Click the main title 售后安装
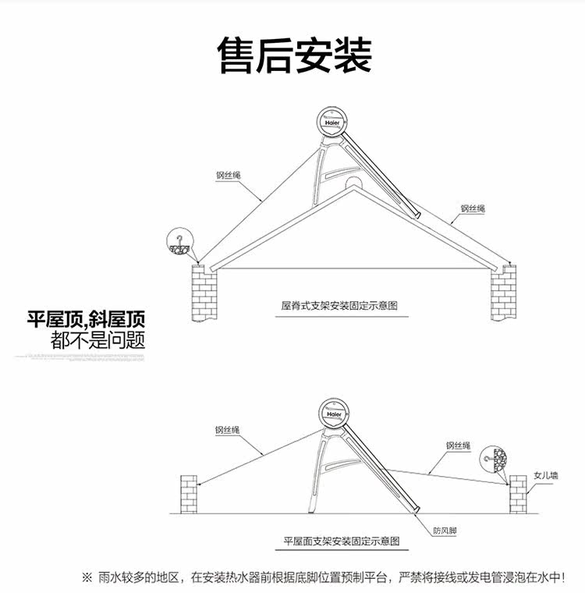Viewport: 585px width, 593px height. (295, 55)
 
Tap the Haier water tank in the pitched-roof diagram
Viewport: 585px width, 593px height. (332, 122)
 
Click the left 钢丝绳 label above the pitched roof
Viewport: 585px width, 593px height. (228, 176)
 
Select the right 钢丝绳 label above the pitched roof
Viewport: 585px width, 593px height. (473, 208)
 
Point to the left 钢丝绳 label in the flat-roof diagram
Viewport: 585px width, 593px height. (227, 430)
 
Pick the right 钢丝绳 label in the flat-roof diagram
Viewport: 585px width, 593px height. (459, 446)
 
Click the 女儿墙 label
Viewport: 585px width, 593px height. (546, 475)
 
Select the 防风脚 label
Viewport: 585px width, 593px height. (445, 531)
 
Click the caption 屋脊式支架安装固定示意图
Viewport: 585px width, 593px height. (339, 306)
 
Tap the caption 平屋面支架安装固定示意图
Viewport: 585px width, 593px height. (342, 542)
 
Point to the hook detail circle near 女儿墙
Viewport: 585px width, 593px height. (495, 460)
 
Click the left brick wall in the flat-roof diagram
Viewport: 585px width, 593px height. (189, 494)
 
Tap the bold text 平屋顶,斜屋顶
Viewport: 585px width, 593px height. (86, 320)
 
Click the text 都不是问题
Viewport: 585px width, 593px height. (98, 340)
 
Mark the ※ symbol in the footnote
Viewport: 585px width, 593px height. (87, 577)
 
